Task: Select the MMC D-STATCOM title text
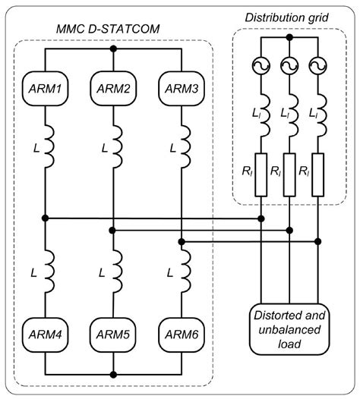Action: click(112, 30)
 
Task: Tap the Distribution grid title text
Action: click(290, 17)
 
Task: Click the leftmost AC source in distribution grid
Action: click(263, 65)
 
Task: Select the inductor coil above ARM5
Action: click(113, 273)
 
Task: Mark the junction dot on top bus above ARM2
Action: click(113, 49)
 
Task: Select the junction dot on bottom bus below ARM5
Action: click(113, 373)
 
